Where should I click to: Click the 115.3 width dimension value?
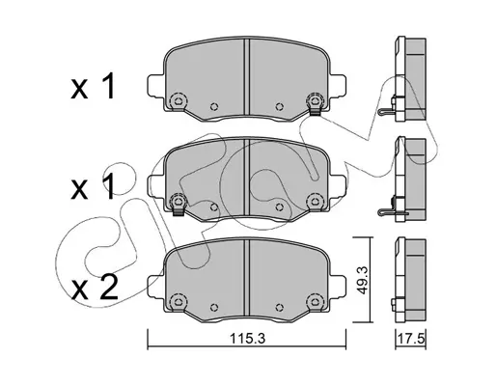click(x=247, y=339)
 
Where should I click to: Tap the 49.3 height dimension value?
click(x=363, y=280)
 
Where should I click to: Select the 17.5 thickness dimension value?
click(x=411, y=339)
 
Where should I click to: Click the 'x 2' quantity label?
click(x=95, y=288)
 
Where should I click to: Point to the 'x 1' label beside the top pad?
click(x=93, y=86)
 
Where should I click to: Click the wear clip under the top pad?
click(x=316, y=111)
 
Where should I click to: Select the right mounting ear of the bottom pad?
click(x=338, y=287)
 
